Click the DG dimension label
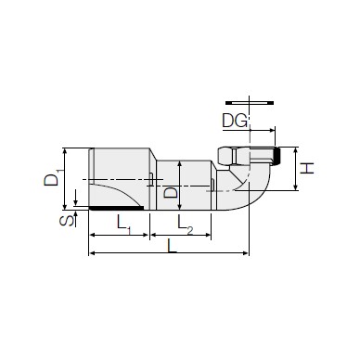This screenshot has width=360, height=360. coord(235,121)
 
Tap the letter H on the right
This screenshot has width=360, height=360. coord(307,168)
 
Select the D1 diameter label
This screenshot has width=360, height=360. coord(52,178)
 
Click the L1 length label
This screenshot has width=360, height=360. coord(124,224)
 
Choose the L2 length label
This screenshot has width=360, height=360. coord(185,224)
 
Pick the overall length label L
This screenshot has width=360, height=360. coord(172,246)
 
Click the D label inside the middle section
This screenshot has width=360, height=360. coord(171,192)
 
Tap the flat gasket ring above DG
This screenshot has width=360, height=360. coord(250,102)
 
